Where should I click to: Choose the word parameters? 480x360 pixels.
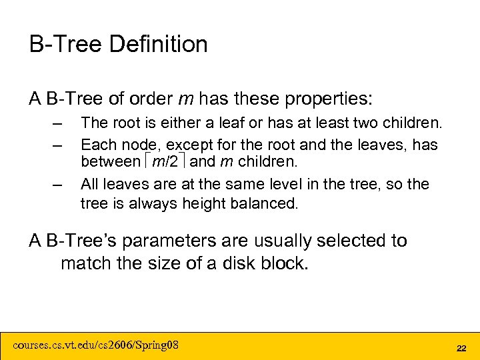pos(159,241)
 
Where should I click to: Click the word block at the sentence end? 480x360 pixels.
pos(285,263)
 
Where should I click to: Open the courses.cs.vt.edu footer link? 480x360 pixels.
pos(96,345)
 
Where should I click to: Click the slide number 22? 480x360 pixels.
pos(461,348)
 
